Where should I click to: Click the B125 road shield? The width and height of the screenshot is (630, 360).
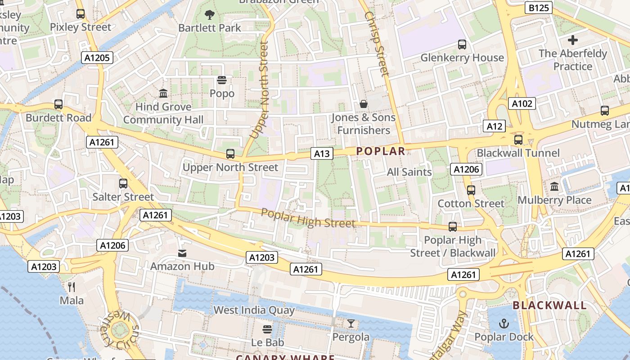point(539,8)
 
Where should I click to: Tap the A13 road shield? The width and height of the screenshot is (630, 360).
point(322,153)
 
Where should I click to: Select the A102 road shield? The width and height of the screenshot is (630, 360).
point(522,103)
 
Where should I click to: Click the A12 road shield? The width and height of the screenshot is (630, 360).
point(494,126)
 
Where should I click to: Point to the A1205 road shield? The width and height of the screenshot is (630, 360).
point(97,57)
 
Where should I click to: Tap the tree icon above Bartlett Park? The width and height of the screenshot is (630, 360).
point(209,15)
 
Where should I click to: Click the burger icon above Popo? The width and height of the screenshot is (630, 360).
point(222,81)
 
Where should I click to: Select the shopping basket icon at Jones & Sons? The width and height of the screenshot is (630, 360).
point(364,104)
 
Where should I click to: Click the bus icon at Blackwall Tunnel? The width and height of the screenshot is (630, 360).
point(518,140)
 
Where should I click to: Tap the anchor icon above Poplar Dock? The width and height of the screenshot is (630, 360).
point(504,324)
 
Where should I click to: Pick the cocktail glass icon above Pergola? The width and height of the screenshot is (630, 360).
point(351,324)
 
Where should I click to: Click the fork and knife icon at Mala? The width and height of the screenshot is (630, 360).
point(72,287)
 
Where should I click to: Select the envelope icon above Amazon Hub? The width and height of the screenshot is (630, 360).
point(182,253)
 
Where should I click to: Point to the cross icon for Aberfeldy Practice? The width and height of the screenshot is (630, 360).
point(572,40)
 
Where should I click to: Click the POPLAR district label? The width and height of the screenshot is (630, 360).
point(380,151)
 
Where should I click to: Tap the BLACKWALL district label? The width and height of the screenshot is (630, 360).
point(549,305)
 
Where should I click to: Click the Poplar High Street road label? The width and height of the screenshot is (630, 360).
point(308,218)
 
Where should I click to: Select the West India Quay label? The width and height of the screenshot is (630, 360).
point(254,310)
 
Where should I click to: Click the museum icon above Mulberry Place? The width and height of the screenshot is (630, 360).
point(554,186)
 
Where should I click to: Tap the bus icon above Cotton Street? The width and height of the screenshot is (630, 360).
point(471,190)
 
